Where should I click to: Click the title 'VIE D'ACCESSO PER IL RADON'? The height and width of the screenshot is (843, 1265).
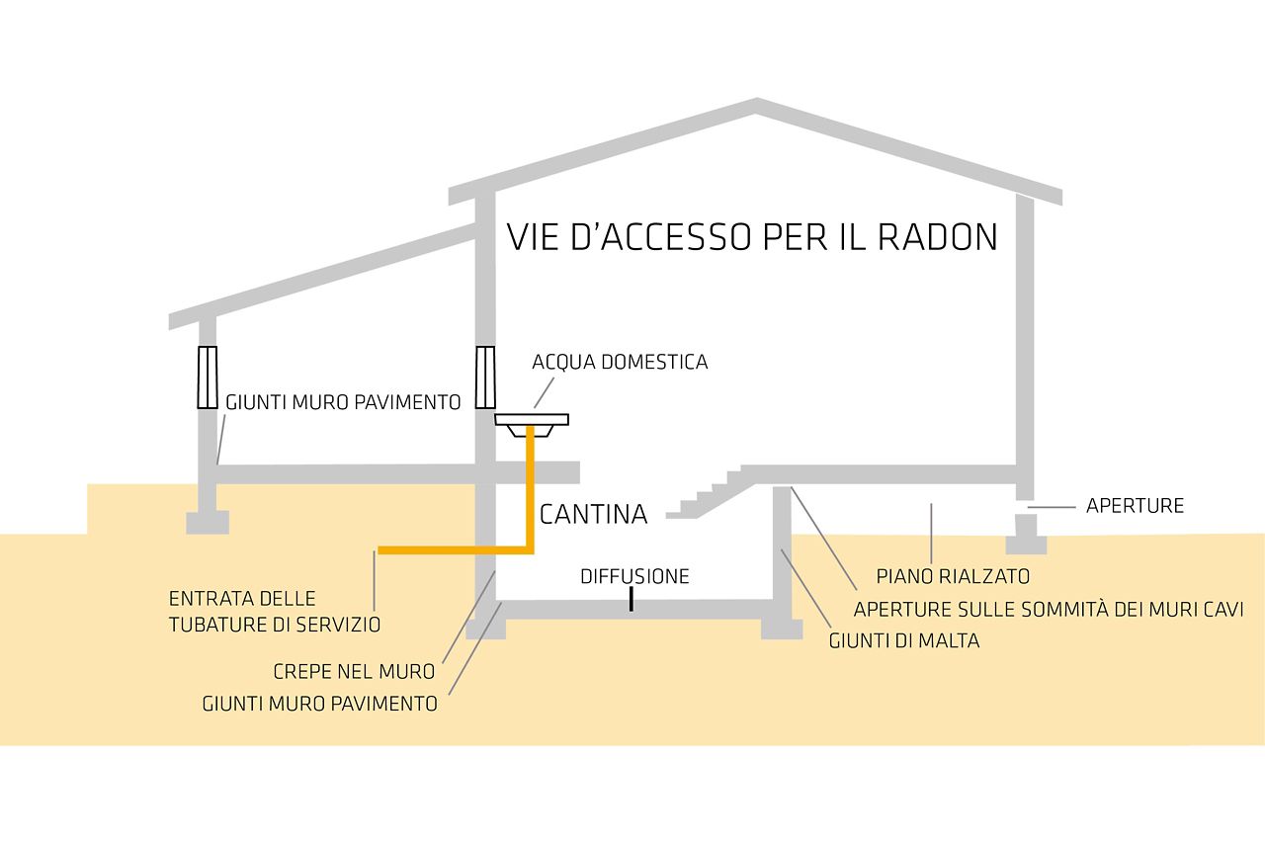coord(752,238)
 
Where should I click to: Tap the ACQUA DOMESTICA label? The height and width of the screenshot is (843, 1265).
coord(620,362)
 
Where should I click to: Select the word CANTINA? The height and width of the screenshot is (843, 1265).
coord(593,514)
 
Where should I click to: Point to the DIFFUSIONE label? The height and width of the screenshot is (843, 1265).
coord(634,576)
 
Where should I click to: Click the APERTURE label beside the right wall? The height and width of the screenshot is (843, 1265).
coord(1135,506)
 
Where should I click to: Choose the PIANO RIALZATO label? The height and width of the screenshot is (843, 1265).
coord(953,576)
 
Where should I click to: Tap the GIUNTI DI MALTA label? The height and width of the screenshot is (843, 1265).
coord(904,641)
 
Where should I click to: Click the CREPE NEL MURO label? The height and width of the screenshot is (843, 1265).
coord(354,672)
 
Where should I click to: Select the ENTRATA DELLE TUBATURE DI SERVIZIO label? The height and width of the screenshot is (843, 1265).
coord(274,612)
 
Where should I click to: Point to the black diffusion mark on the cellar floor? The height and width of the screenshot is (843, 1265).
coord(631,600)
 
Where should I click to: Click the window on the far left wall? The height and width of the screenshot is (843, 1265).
coord(207,378)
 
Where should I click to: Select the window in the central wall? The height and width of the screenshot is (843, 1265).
coord(484,378)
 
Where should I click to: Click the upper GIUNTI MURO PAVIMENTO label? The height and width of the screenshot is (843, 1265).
coord(343,402)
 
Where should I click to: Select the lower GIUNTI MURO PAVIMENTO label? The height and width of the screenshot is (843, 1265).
coord(319,705)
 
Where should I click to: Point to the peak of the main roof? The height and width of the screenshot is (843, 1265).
coord(756,102)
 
